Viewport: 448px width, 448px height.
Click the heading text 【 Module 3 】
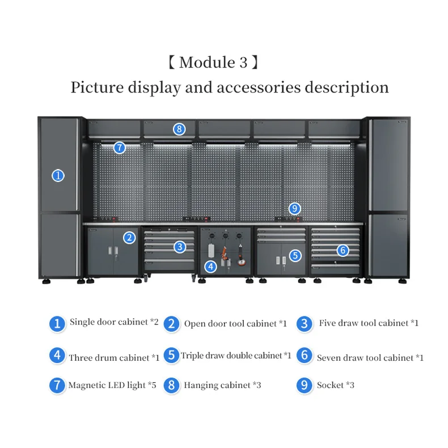click(214, 62)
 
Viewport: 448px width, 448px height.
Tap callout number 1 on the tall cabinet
click(58, 176)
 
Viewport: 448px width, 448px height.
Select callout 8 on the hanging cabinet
click(179, 129)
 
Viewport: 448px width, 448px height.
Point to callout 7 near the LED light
click(119, 147)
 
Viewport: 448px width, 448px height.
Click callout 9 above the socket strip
click(293, 208)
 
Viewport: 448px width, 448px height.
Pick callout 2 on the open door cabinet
click(130, 238)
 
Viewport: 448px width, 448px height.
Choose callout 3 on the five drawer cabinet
click(180, 247)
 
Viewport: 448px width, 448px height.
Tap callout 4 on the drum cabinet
click(210, 265)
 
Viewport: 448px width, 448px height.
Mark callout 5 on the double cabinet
click(295, 256)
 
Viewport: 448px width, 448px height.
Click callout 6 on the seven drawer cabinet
click(342, 250)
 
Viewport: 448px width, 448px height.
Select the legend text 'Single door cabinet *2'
click(114, 322)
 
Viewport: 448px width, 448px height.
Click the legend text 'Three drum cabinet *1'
click(114, 358)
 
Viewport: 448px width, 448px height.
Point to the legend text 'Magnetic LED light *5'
click(112, 386)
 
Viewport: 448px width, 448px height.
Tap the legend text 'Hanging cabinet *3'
click(222, 386)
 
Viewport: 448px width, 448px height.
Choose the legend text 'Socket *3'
click(336, 386)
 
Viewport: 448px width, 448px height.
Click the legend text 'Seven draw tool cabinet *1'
click(370, 358)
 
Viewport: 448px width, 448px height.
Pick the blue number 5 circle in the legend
click(171, 356)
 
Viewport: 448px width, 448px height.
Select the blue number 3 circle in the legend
click(305, 323)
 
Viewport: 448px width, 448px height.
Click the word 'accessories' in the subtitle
click(259, 88)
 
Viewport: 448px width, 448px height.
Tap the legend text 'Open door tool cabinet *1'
click(235, 324)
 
